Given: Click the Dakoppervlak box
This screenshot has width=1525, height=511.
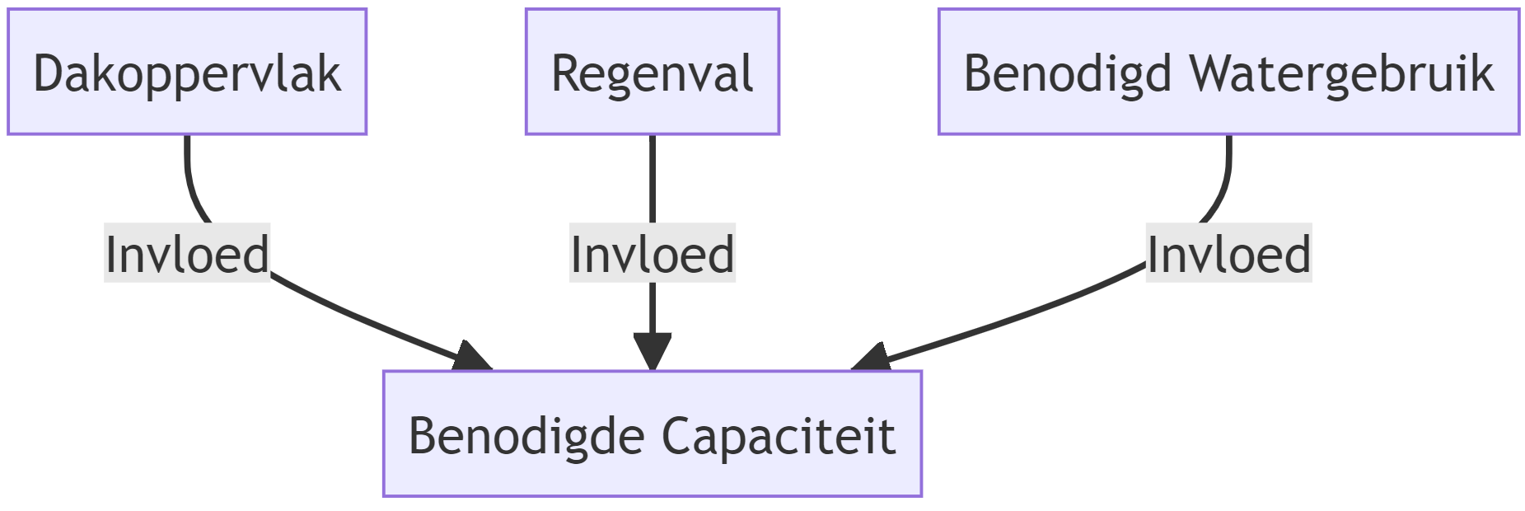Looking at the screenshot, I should (x=187, y=72).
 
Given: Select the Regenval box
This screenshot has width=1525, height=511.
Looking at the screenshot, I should (x=652, y=72).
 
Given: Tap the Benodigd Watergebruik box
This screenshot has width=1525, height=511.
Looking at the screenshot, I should (x=1228, y=72).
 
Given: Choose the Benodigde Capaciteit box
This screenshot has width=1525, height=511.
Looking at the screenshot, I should (x=652, y=434).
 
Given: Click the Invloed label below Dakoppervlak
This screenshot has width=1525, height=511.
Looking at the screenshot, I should (x=187, y=254).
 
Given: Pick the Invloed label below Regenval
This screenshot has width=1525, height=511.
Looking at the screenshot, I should (x=652, y=254).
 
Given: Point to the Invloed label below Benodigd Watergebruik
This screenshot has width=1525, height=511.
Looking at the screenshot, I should (x=1228, y=254).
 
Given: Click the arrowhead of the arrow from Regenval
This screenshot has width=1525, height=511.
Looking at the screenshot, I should (x=652, y=353).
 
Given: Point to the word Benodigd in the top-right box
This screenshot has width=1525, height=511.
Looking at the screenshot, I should (x=1067, y=74).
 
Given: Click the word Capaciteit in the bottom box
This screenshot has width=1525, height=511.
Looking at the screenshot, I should (x=778, y=436).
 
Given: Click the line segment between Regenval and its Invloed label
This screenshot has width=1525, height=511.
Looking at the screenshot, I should (x=652, y=177).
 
